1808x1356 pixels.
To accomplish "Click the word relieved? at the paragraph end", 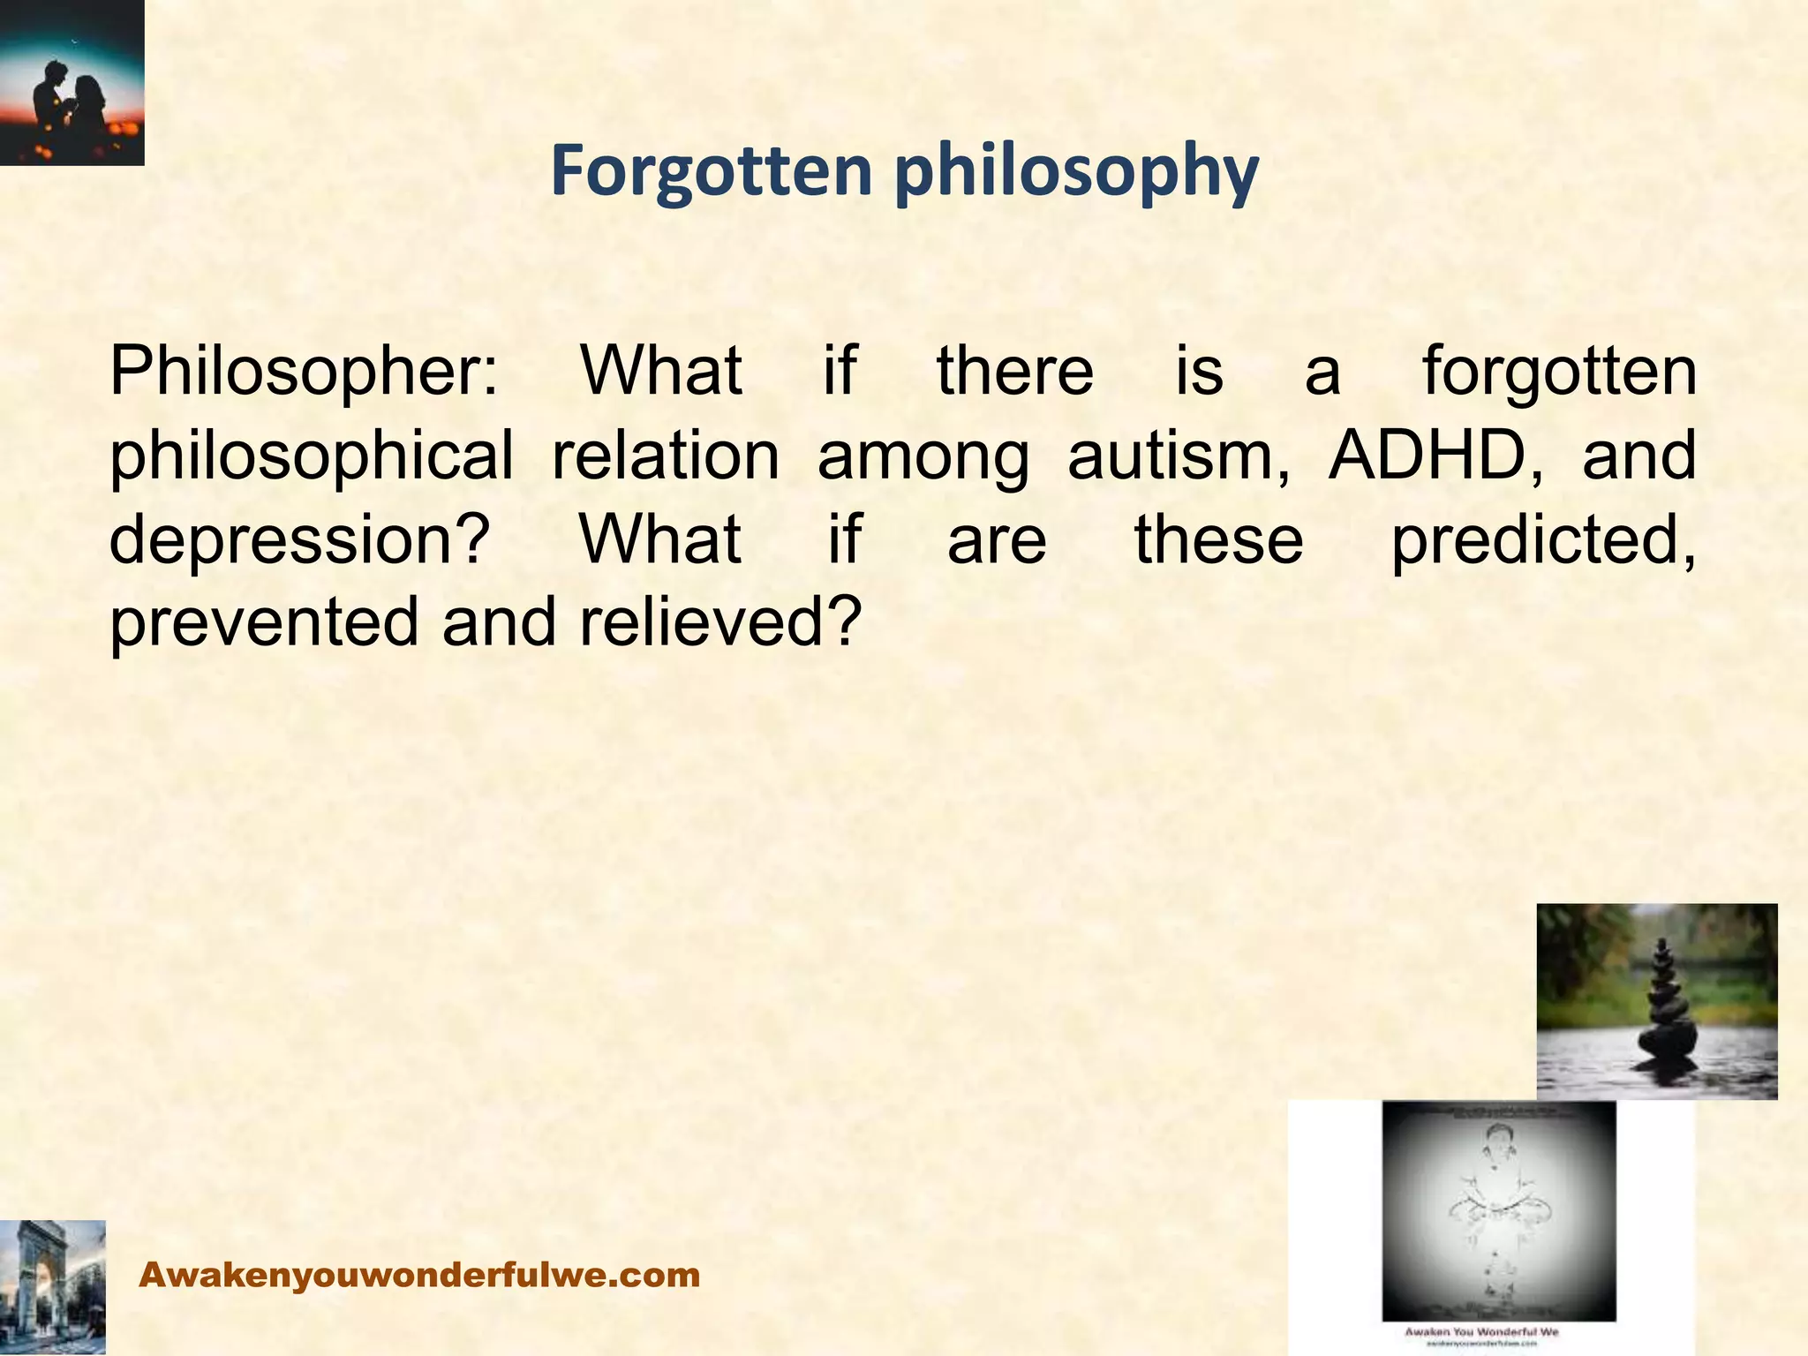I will (x=719, y=621).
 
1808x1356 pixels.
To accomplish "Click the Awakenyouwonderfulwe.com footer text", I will (x=420, y=1275).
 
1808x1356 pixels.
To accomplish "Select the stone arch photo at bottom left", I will (x=51, y=1286).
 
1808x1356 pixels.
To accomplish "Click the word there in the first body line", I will (x=1015, y=371).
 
